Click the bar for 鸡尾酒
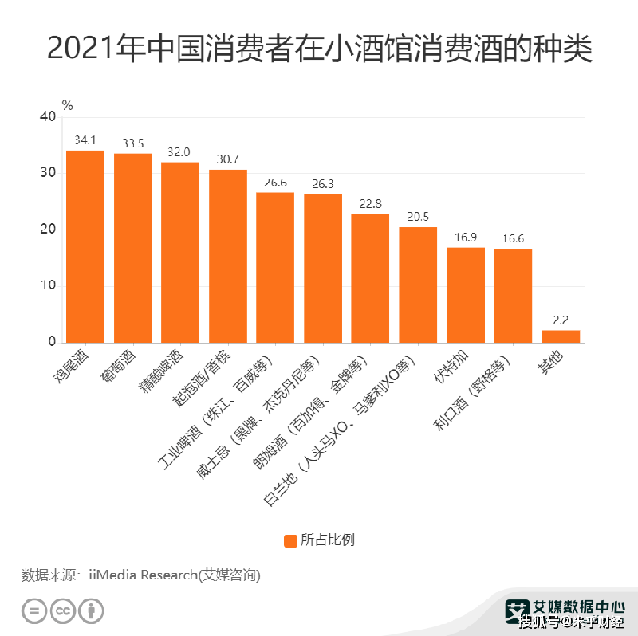point(85,246)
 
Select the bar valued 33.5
point(133,248)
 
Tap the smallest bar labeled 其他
point(561,336)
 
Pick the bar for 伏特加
point(466,295)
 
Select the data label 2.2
point(561,320)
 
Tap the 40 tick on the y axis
point(47,117)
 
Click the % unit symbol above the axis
point(67,104)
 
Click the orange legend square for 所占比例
point(291,540)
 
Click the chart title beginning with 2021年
point(319,49)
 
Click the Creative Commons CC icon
point(63,611)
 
